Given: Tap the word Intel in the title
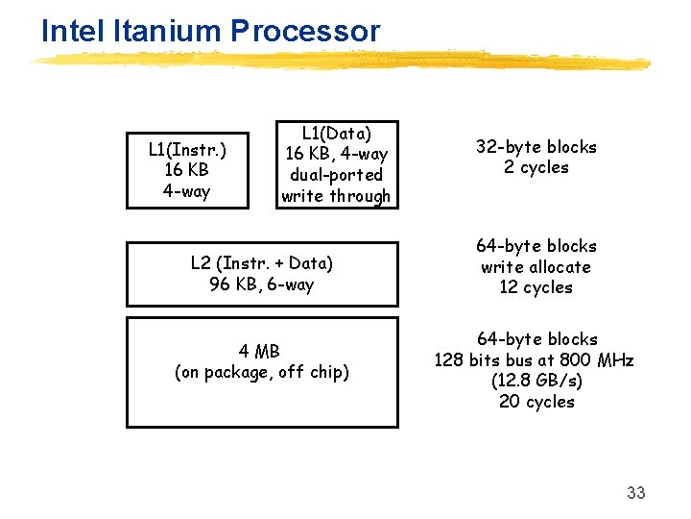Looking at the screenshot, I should [73, 31].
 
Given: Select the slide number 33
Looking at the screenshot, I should [635, 493].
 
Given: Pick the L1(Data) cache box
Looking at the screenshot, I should [336, 164].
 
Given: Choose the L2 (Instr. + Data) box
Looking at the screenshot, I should [261, 273].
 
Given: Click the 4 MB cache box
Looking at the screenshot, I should [261, 372].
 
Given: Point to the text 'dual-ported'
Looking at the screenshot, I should [336, 175].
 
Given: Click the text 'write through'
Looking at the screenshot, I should [336, 196].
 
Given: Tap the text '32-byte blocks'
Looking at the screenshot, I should [536, 147].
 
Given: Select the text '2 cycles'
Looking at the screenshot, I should [536, 167].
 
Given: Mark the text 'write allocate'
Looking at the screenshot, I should [536, 267].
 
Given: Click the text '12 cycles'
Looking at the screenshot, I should [536, 287].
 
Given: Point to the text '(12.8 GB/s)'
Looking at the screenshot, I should [536, 381].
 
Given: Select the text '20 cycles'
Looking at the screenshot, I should [536, 402].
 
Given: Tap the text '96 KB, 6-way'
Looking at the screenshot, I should [261, 284].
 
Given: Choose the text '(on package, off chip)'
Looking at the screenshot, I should [261, 372].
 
